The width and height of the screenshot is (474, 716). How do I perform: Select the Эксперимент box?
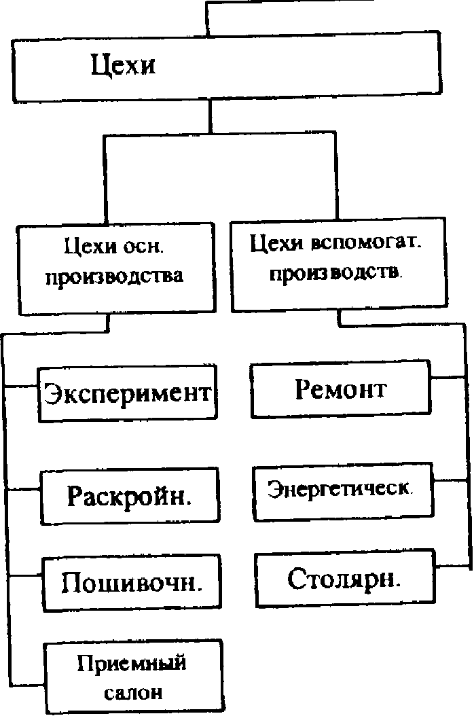tap(128, 393)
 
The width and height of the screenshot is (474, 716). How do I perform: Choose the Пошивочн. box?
tap(132, 582)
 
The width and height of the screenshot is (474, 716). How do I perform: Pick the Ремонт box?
tap(340, 389)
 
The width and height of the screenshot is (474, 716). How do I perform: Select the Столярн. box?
tap(345, 579)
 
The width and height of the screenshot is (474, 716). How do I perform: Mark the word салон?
tap(134, 693)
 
